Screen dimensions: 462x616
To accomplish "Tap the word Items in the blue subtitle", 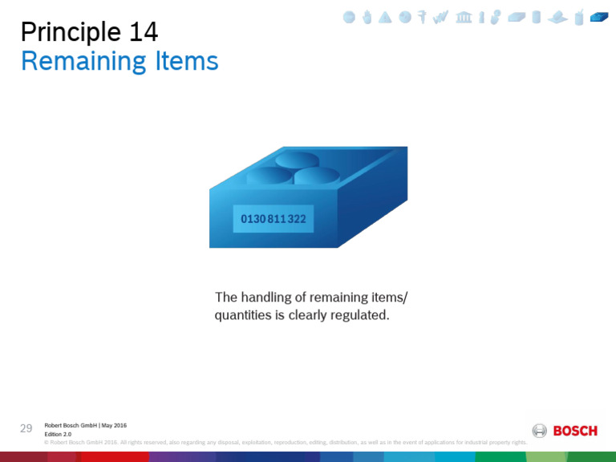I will [188, 62].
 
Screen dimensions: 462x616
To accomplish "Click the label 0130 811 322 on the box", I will [273, 218].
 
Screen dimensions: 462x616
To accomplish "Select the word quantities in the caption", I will [243, 316].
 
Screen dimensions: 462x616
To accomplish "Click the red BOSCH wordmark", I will [575, 432].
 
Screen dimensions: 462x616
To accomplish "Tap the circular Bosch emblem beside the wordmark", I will [540, 431].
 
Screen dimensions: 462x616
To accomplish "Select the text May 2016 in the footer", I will [113, 425].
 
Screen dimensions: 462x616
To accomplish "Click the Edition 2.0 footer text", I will [59, 434].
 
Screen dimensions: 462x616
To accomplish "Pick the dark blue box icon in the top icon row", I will [599, 17].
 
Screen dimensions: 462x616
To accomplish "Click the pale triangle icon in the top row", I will [386, 17].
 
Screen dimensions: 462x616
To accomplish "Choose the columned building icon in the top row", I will [464, 17].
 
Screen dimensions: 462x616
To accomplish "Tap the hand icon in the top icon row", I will [367, 17].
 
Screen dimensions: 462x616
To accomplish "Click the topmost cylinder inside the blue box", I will [297, 159].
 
